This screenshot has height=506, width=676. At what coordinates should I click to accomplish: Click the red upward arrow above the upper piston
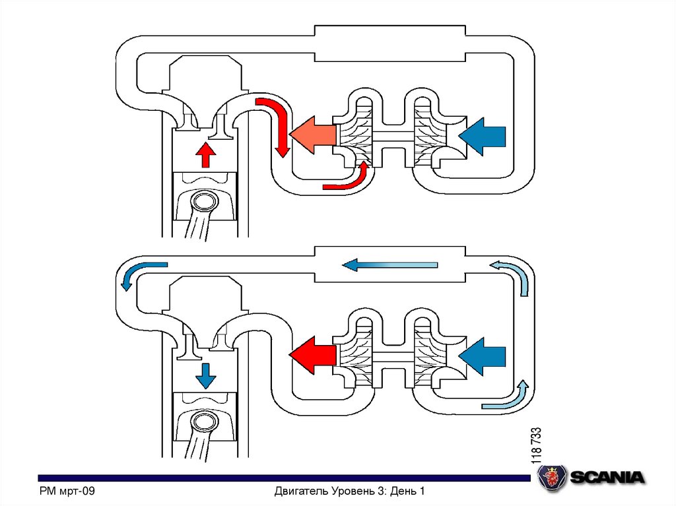click(206, 155)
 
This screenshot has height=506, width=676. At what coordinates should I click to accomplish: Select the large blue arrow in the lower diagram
click(483, 356)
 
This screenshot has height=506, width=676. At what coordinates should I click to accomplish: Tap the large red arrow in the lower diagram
click(314, 356)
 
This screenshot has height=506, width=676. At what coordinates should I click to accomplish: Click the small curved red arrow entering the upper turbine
click(347, 181)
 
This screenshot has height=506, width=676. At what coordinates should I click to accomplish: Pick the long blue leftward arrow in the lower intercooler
click(389, 265)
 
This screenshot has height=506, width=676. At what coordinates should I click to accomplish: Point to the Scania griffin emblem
click(551, 477)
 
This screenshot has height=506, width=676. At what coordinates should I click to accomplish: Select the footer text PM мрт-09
click(68, 491)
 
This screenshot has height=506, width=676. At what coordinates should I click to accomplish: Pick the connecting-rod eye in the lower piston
click(205, 422)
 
